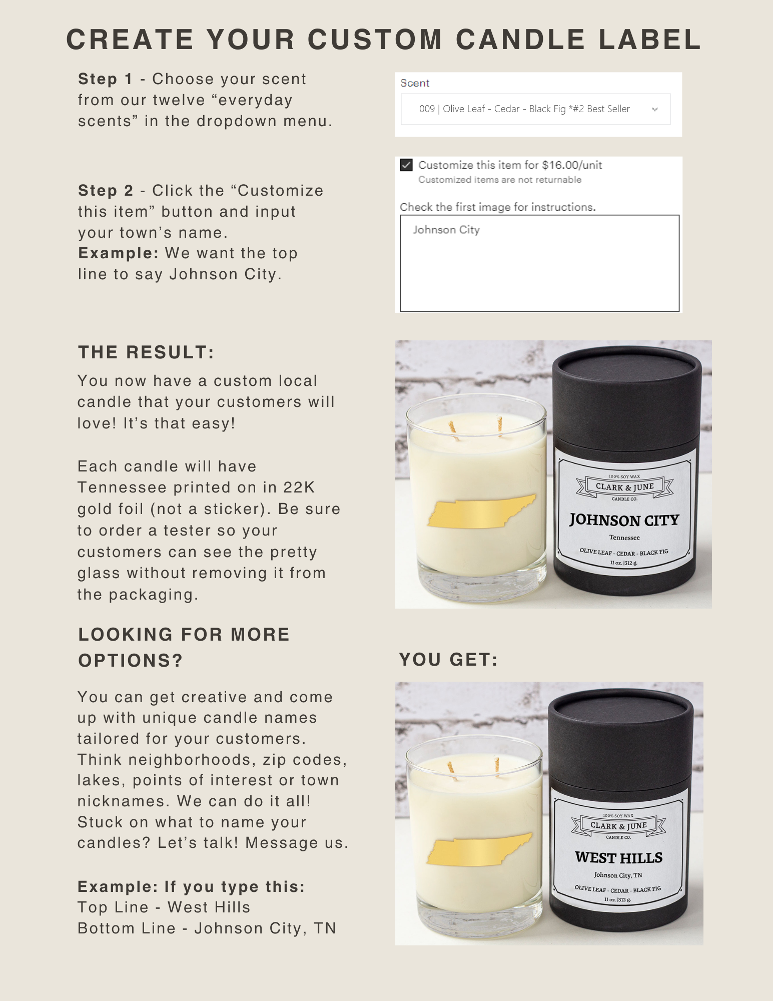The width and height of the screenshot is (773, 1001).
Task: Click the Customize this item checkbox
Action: tap(406, 165)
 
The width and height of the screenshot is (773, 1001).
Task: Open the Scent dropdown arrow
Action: tap(654, 109)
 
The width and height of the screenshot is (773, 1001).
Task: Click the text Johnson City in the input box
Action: tap(446, 230)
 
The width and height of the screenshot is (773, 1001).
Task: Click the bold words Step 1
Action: tap(105, 79)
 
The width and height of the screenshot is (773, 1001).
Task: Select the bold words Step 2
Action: tap(106, 191)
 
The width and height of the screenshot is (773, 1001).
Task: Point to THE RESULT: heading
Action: tap(146, 352)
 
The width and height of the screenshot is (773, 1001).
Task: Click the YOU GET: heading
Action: tap(448, 660)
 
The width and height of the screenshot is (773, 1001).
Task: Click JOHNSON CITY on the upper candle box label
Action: tap(624, 520)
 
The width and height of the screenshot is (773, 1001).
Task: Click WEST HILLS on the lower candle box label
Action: tap(619, 858)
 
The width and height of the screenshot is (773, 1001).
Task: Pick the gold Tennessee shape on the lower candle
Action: tap(479, 849)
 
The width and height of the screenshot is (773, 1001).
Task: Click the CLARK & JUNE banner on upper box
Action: tap(625, 487)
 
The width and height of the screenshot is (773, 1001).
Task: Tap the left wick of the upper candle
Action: tap(453, 427)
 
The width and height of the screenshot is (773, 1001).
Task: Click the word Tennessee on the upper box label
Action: tap(624, 538)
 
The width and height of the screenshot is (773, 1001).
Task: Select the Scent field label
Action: tap(415, 83)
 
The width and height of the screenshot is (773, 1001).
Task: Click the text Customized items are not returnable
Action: tap(500, 180)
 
